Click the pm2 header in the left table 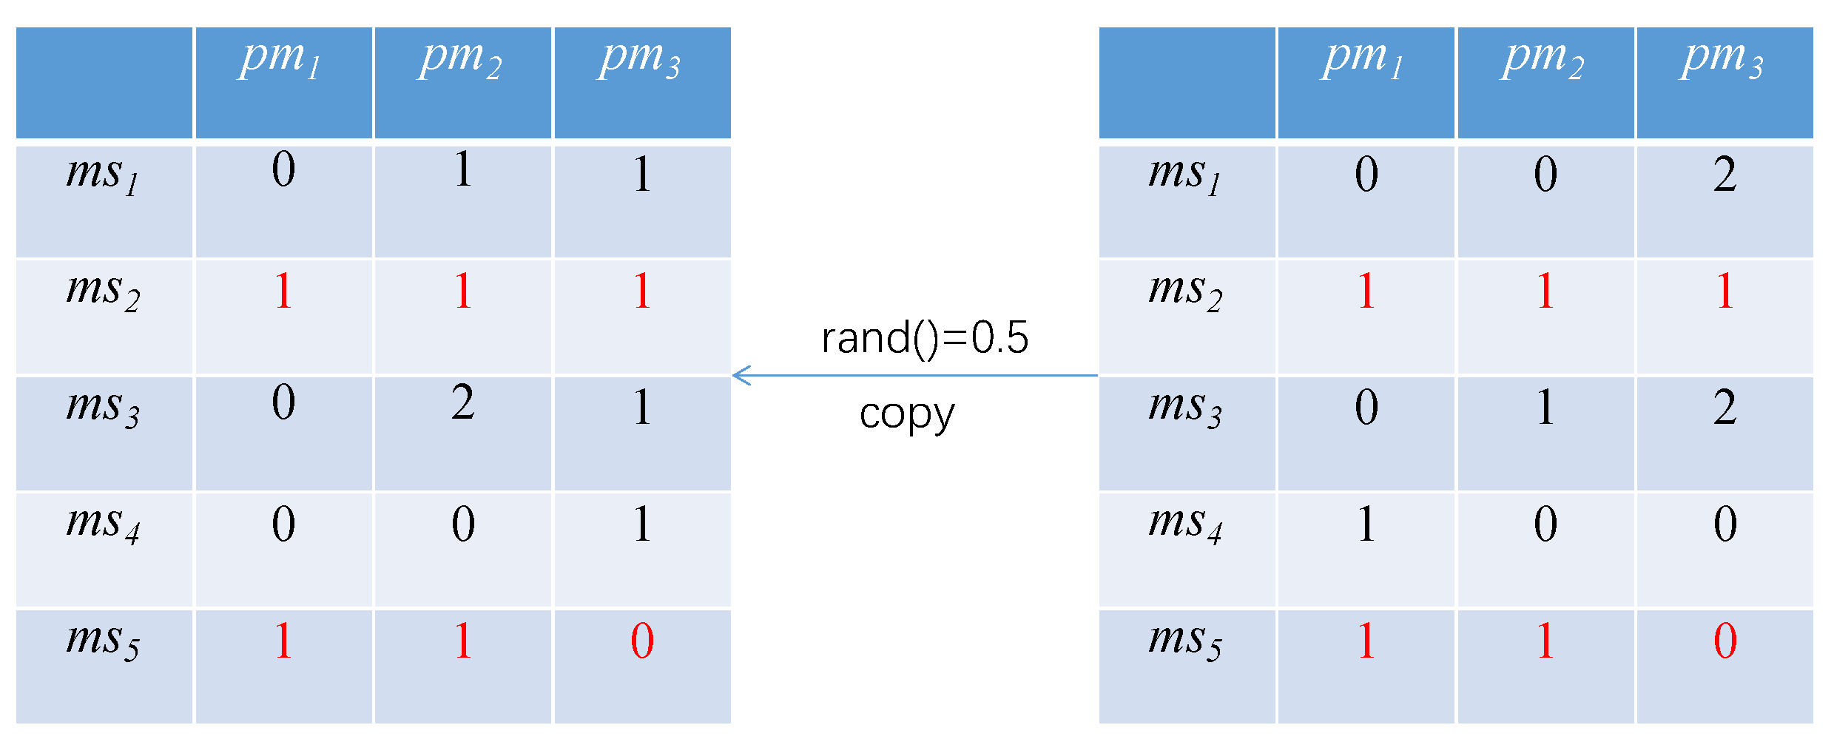click(x=461, y=59)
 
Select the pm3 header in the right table click(x=1722, y=59)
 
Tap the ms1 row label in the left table click(x=103, y=175)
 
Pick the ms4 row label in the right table click(x=1185, y=524)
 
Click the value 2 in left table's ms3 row click(x=463, y=403)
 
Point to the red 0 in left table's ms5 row click(x=642, y=641)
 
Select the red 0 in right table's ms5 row click(x=1725, y=641)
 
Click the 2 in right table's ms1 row click(x=1725, y=175)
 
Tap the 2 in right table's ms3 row click(x=1725, y=407)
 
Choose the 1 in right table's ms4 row click(x=1366, y=524)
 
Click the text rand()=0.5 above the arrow click(x=925, y=338)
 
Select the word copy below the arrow click(x=907, y=415)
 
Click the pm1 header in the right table click(x=1363, y=59)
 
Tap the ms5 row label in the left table click(x=103, y=641)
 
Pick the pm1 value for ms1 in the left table click(x=283, y=170)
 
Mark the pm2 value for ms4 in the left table click(x=463, y=524)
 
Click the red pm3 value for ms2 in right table click(x=1725, y=291)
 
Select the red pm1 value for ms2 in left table click(x=283, y=291)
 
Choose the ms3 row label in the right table click(x=1185, y=408)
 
